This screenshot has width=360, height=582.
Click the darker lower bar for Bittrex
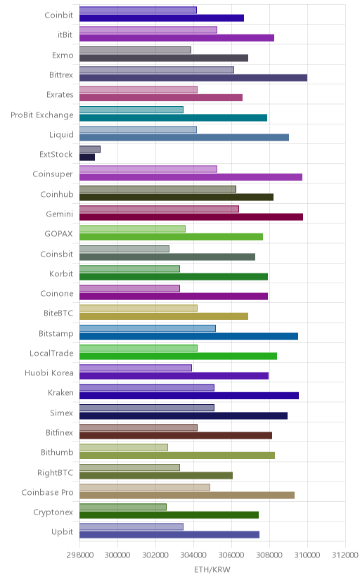coord(193,77)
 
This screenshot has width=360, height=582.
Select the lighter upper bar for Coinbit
coord(138,10)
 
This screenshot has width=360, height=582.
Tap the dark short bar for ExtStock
coord(87,157)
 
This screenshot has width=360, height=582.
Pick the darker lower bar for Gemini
coord(191,216)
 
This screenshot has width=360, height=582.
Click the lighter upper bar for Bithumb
coord(124,447)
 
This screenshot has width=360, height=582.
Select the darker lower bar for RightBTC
coord(156,475)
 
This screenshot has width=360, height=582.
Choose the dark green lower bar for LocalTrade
coord(178,356)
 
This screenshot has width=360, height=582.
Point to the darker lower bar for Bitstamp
coord(188,336)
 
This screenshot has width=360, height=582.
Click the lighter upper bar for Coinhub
coord(157,189)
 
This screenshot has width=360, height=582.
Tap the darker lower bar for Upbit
coord(169,534)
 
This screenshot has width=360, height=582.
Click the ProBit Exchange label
coord(42,115)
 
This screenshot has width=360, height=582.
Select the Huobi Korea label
coord(49,373)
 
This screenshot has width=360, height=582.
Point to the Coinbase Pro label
coord(48,492)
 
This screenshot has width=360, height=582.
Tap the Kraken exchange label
coord(60,392)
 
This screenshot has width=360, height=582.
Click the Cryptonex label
coord(53,512)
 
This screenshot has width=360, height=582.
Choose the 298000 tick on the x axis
coord(79,555)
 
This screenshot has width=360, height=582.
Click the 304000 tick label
coord(193,555)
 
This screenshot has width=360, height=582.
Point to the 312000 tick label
coord(345,555)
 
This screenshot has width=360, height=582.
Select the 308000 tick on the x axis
coord(269,555)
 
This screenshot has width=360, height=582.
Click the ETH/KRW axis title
coord(212,570)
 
